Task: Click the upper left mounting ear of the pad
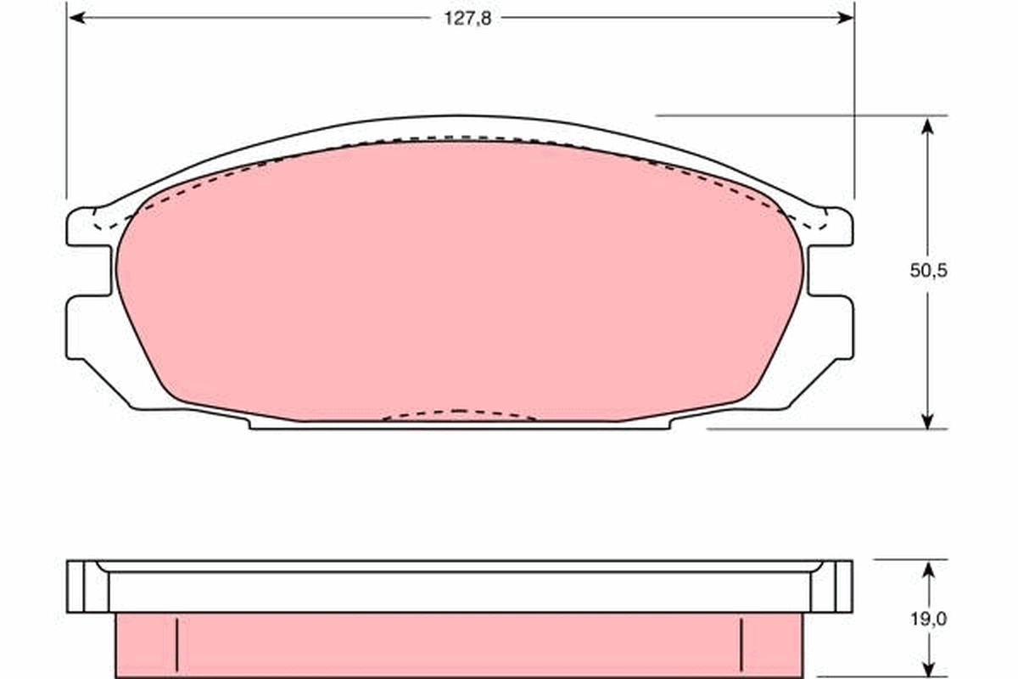85,227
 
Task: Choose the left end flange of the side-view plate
87,586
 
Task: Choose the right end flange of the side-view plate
832,586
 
